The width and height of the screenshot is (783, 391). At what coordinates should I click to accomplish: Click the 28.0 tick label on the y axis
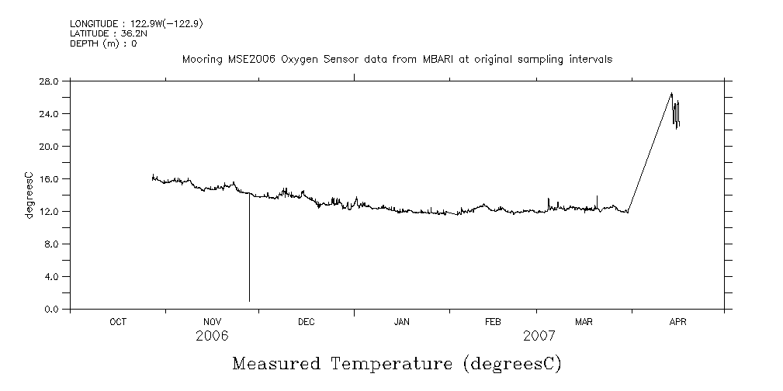[49, 81]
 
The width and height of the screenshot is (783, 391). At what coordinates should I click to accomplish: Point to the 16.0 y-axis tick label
[49, 178]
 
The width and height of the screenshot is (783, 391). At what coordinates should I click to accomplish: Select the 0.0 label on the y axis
[51, 309]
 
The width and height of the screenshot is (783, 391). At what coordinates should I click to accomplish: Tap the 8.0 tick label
[51, 244]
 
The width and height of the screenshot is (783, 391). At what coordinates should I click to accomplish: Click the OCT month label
[118, 321]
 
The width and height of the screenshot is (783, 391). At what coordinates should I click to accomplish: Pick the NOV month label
[212, 321]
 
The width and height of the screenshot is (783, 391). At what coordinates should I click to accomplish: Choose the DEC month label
[307, 321]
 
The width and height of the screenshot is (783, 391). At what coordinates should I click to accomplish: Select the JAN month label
[401, 321]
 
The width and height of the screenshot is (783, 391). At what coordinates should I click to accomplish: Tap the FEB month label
[493, 321]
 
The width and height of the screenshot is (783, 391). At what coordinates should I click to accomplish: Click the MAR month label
[584, 321]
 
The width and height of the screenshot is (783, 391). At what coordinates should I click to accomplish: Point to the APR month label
[678, 321]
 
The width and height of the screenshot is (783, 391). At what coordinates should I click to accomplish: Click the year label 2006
[212, 336]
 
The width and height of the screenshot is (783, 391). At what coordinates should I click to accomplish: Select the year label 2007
[539, 336]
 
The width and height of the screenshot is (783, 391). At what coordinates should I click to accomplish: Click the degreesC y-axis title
[29, 195]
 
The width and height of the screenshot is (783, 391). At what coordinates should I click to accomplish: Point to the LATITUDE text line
[103, 33]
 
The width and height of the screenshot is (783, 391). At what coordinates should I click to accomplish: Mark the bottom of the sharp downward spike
[249, 300]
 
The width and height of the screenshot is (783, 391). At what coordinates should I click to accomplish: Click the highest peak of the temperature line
[671, 93]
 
